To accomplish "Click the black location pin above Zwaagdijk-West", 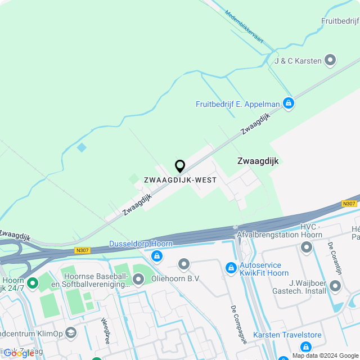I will (180, 166).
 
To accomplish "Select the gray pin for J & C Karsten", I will (330, 60).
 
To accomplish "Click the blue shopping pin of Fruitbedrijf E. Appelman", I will (289, 103).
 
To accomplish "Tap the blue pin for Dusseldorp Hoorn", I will (157, 256).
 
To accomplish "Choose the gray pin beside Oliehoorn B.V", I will (183, 264).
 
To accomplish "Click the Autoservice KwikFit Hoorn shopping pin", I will (230, 268).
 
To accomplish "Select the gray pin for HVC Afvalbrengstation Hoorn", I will (307, 247).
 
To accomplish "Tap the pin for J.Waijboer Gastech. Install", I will (335, 286).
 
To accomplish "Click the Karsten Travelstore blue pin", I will (306, 346).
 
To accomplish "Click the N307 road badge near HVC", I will (349, 204).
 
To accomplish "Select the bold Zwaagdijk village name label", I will (258, 161).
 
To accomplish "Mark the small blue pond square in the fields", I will (82, 147).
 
